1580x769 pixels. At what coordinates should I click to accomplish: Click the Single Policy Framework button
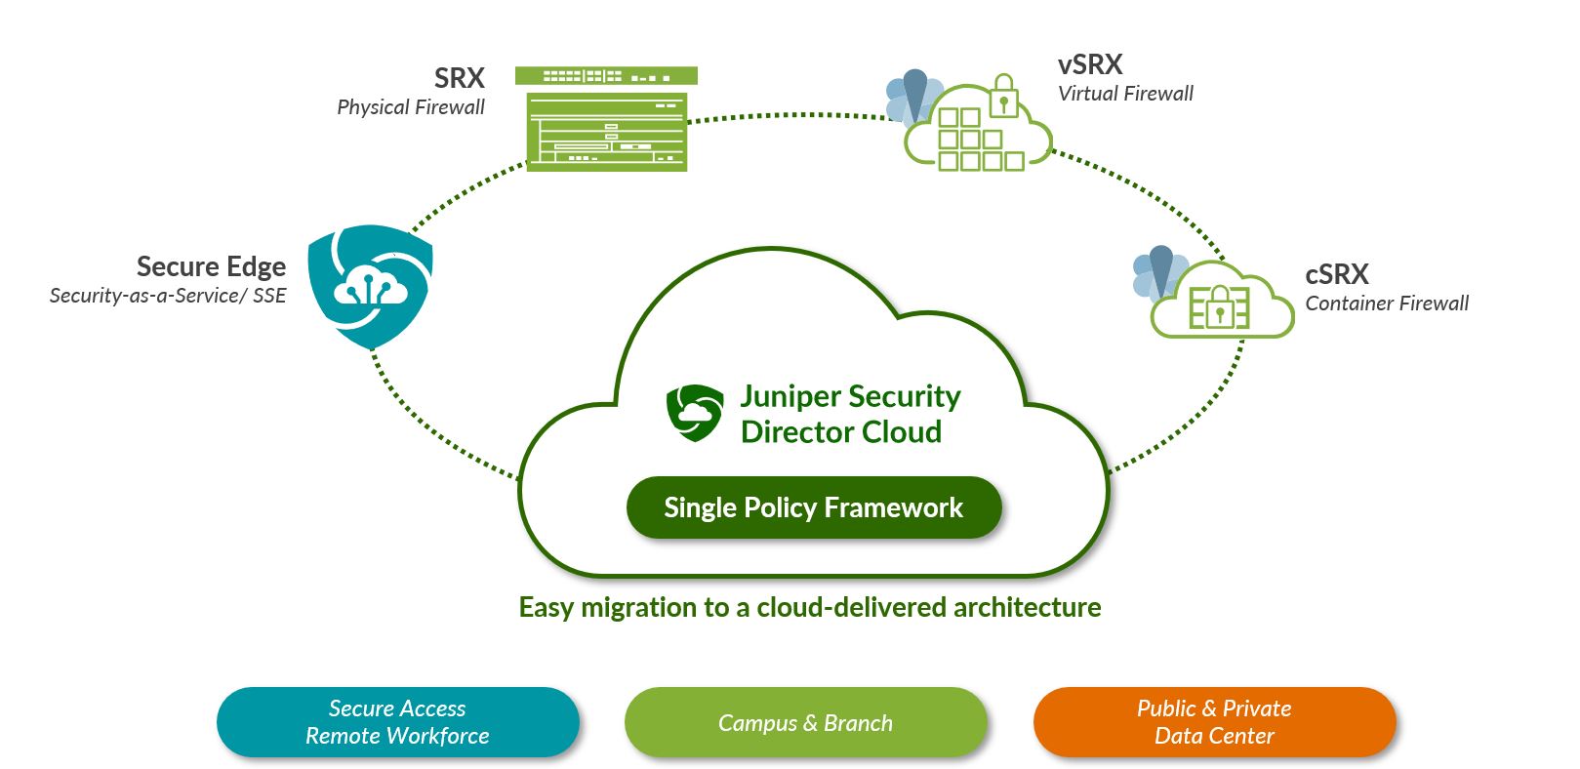point(814,507)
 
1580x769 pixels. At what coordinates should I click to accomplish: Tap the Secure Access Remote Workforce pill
point(397,722)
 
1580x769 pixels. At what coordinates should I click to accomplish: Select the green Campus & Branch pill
point(805,722)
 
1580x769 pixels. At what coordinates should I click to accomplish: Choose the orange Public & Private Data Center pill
point(1214,722)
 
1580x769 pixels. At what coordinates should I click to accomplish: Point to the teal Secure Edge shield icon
point(370,285)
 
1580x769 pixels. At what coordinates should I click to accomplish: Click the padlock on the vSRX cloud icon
point(1003,98)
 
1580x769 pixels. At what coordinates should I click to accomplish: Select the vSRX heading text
point(1090,65)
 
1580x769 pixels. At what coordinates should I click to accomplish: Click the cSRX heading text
point(1337,274)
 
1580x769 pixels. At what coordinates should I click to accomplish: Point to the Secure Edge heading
point(211,267)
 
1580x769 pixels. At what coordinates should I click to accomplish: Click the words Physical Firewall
point(411,107)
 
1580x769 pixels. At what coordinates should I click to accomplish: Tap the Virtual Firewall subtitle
point(1125,94)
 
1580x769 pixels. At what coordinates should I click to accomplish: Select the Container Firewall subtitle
point(1387,304)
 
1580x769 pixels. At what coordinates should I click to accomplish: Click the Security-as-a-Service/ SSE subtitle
point(168,296)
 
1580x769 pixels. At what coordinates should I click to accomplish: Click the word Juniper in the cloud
point(790,396)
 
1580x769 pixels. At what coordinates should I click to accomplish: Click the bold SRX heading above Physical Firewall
point(459,78)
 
